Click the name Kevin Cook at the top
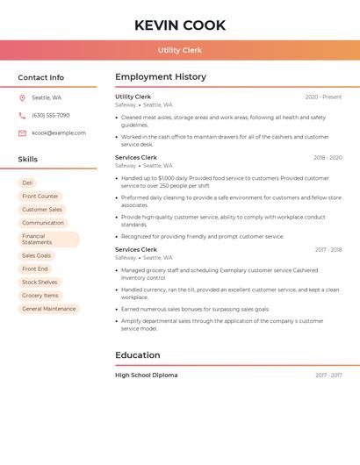(x=180, y=25)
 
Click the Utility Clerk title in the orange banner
(x=180, y=50)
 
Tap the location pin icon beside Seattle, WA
(x=22, y=98)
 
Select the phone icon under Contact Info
(x=22, y=116)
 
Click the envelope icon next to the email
(x=22, y=133)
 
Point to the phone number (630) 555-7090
(x=50, y=116)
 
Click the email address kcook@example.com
(x=59, y=133)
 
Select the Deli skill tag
(x=28, y=183)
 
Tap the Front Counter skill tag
(x=40, y=197)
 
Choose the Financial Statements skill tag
(x=48, y=239)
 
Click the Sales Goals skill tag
(x=37, y=255)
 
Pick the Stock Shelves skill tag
(x=40, y=283)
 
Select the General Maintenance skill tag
(x=49, y=309)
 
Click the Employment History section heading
(x=161, y=77)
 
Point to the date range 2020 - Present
(x=323, y=97)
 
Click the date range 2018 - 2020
(x=328, y=158)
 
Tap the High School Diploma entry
(x=146, y=376)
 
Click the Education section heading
(x=138, y=355)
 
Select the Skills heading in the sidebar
(x=28, y=160)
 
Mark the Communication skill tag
(x=43, y=223)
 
